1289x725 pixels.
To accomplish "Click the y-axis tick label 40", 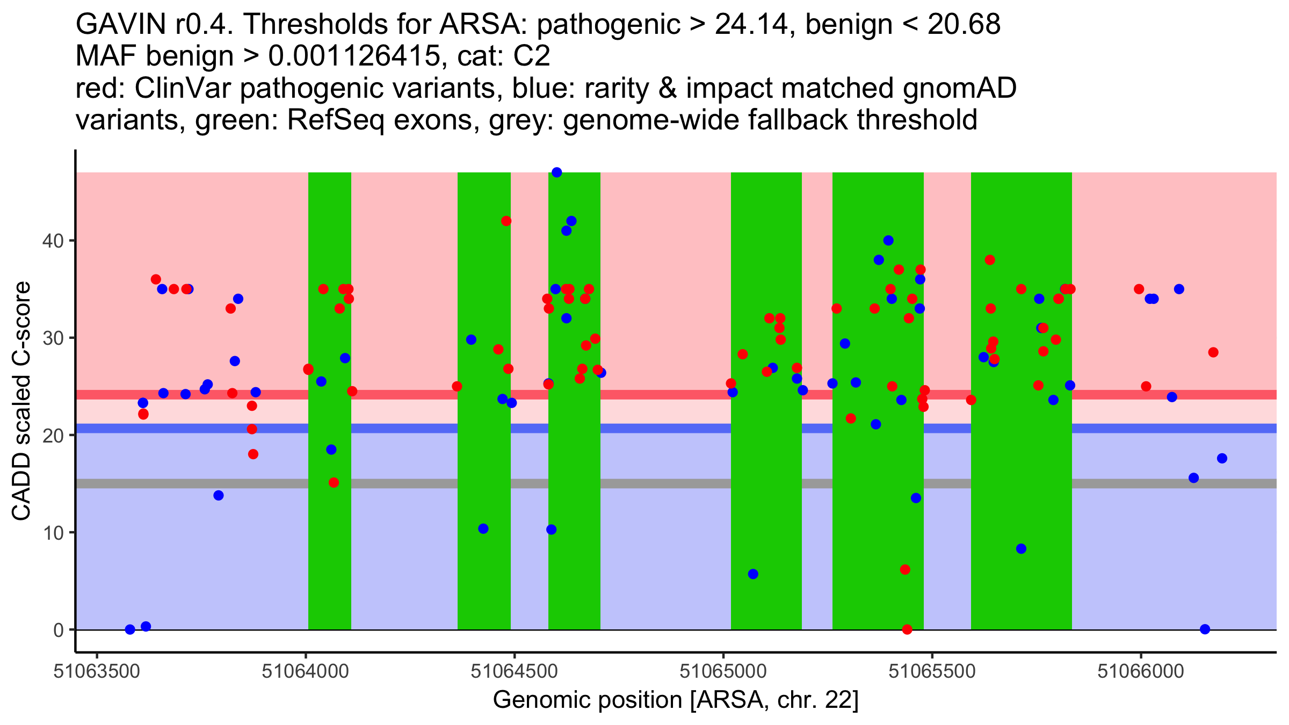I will click(52, 241).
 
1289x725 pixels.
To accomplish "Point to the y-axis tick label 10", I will click(52, 533).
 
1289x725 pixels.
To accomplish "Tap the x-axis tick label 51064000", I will click(306, 671).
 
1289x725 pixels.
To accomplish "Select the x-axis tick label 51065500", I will click(932, 671).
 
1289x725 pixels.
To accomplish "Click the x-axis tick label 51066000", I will click(1141, 671).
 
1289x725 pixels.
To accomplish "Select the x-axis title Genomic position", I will click(676, 700).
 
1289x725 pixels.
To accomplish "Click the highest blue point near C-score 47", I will click(557, 172).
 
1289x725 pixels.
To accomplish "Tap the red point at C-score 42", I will click(506, 221).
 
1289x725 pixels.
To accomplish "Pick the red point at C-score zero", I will click(907, 629).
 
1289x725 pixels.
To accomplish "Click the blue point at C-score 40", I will click(888, 241).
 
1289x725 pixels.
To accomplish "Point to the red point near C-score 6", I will click(905, 569).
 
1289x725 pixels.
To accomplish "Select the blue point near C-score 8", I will click(1021, 548).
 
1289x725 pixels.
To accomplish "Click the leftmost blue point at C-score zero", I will click(130, 629).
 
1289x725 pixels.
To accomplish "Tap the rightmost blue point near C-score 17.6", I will click(1222, 458).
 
